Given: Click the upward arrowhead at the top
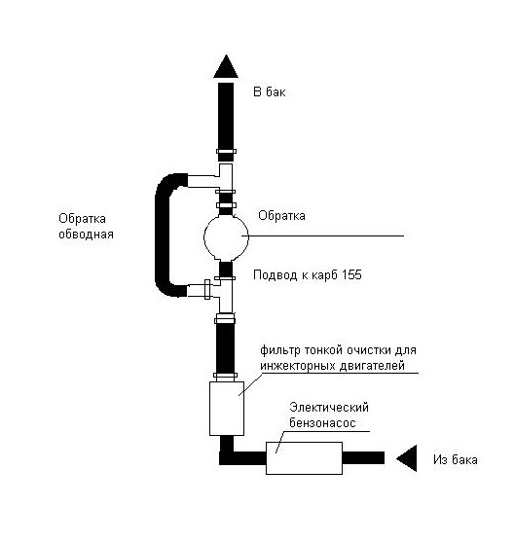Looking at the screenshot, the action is pos(226,67).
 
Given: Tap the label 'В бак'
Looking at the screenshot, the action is pos(270,91).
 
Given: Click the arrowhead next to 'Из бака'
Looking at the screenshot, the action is pos(407,458).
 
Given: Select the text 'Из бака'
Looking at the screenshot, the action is pos(456,459).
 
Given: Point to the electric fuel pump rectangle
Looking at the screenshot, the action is pos(304,458).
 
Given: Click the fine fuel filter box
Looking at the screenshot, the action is pos(227,409).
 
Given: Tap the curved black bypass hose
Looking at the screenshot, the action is pos(161,235).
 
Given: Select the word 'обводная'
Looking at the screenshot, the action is pos(86,235).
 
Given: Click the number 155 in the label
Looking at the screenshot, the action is pos(351,275).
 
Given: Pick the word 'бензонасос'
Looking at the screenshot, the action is pos(322,422).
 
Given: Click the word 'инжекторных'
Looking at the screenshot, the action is pos(298,366).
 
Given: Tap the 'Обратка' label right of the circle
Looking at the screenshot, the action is pos(281,216).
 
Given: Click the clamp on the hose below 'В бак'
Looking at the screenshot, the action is pos(226,151).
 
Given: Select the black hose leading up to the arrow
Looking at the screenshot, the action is pos(226,122).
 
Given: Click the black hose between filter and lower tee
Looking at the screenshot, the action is pos(225,347).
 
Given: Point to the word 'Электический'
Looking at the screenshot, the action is pos(329,407).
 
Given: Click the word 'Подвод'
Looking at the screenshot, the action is pos(276,275).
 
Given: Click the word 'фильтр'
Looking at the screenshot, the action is pos(280,350).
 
